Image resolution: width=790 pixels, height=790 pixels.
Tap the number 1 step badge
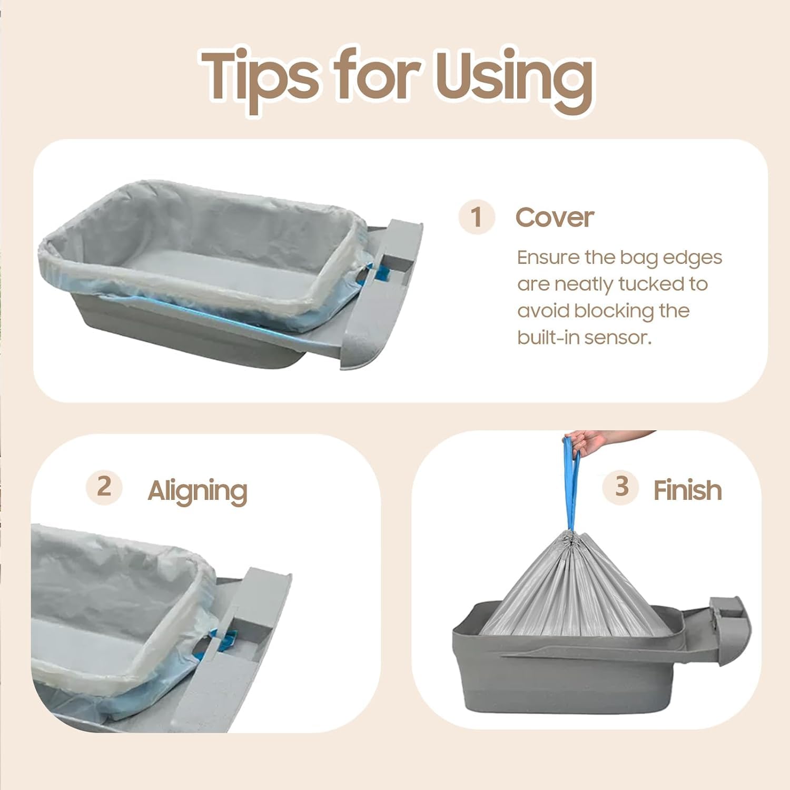click(x=477, y=217)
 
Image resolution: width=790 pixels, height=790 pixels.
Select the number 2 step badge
click(x=104, y=487)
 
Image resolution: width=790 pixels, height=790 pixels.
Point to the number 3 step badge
click(x=621, y=487)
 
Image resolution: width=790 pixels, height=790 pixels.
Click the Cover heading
click(x=555, y=217)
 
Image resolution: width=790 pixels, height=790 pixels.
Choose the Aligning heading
click(x=197, y=491)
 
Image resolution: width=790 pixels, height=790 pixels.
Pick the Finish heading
click(x=687, y=490)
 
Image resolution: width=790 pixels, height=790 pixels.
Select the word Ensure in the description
click(x=548, y=258)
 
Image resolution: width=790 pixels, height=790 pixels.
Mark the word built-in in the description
click(x=548, y=338)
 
